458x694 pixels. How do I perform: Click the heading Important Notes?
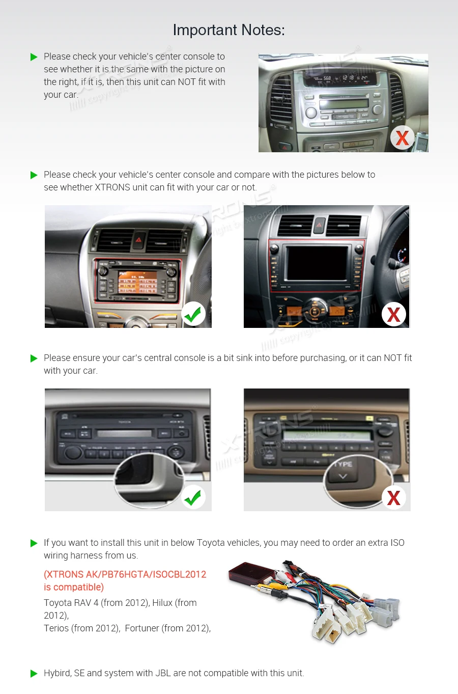tap(228, 30)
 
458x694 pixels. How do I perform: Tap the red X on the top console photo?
tap(402, 137)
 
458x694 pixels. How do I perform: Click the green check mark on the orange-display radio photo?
tap(193, 314)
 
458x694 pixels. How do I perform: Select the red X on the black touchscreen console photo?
tap(393, 315)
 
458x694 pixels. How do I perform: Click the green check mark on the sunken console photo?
tap(193, 497)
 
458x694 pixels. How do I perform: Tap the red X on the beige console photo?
tap(393, 497)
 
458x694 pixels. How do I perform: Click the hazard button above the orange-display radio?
tap(138, 238)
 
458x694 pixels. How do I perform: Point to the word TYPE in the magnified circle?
tap(342, 464)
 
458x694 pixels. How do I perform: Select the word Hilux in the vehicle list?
tap(162, 603)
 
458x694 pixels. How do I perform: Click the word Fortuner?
tap(141, 628)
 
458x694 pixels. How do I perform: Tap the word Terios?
tap(56, 628)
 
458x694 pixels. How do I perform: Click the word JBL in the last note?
tap(163, 673)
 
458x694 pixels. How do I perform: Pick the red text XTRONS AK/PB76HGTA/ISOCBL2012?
tap(125, 574)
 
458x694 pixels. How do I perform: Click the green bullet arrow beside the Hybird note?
tap(34, 674)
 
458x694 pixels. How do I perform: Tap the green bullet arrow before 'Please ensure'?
tap(34, 358)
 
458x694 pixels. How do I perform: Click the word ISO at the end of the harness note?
tap(397, 543)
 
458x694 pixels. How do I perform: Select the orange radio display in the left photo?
tap(137, 282)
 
